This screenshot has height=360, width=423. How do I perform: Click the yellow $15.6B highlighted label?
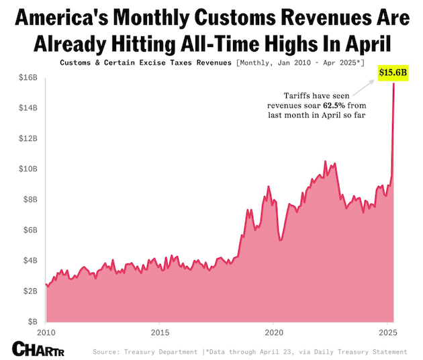393,71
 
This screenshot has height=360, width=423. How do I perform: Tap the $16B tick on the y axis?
27,77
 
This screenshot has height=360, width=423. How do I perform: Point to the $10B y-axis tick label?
27,169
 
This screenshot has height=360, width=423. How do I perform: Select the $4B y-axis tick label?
29,261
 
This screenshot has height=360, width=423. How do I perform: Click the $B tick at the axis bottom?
31,322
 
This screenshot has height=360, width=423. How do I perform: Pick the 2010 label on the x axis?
46,333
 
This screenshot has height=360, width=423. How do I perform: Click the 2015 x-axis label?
159,333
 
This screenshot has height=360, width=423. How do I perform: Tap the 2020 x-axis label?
273,333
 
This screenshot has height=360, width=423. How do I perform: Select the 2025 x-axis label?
387,333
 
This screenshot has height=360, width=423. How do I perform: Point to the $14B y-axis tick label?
27,107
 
